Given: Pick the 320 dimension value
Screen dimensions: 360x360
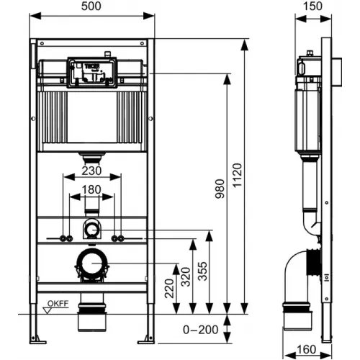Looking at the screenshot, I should pyautogui.click(x=186, y=276).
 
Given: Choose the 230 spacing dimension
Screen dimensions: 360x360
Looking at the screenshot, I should pyautogui.click(x=91, y=171).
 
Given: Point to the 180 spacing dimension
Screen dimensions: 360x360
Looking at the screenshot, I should pyautogui.click(x=91, y=190).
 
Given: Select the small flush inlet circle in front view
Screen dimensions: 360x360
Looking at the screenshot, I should pyautogui.click(x=91, y=230).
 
